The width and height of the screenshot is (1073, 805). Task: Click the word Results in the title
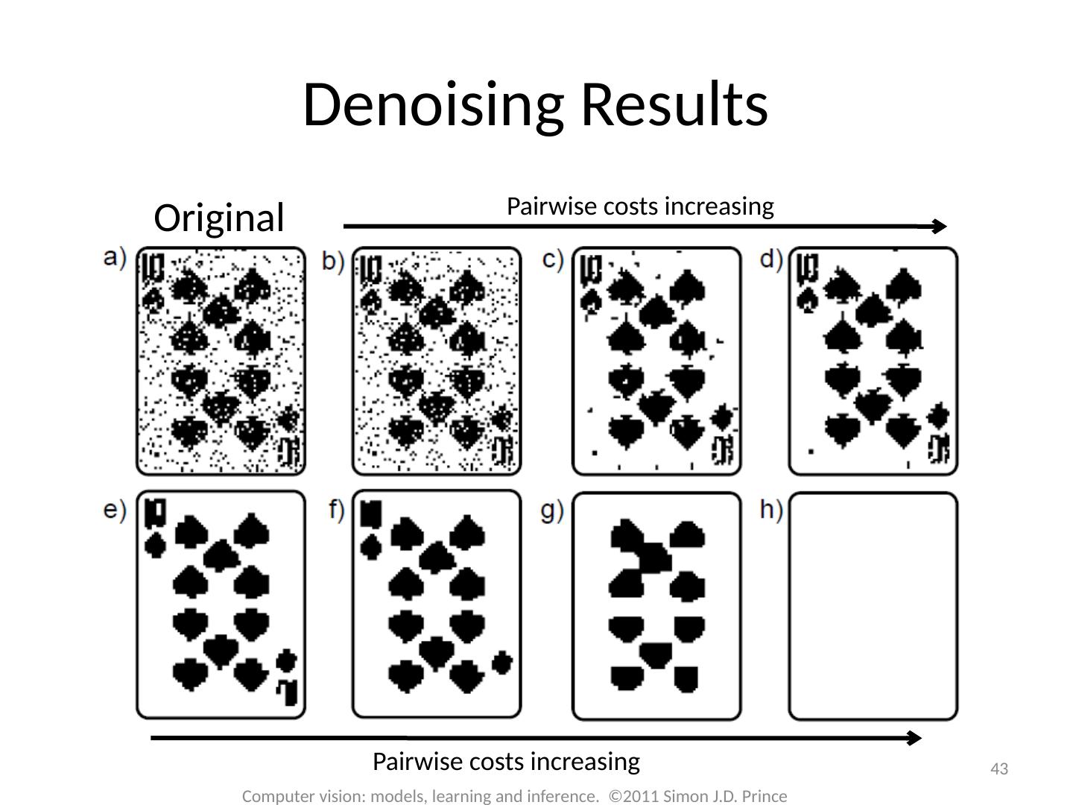point(674,104)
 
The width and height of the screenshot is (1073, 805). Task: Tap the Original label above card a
point(218,218)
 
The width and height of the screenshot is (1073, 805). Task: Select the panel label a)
point(115,257)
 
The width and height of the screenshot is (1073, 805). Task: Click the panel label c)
point(552,259)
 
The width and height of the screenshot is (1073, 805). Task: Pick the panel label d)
point(771,259)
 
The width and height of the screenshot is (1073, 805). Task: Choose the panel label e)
point(115,511)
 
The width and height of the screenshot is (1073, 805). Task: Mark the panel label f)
point(337,511)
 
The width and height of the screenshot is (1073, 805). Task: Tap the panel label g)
point(552,512)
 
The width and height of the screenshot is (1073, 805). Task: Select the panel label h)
point(771,511)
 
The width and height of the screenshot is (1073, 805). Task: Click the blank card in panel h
point(873,605)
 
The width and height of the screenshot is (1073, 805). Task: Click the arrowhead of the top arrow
point(940,227)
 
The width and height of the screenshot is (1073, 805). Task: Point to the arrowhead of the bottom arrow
point(915,738)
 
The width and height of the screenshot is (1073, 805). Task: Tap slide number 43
point(999,769)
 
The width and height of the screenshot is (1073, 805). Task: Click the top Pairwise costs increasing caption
point(640,206)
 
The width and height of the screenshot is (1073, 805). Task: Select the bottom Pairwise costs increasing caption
point(506,762)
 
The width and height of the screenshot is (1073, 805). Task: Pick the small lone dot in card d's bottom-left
point(811,451)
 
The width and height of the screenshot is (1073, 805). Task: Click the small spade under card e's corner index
point(155,546)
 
